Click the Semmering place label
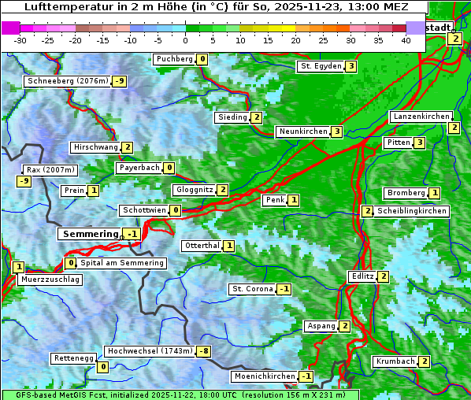point(90,234)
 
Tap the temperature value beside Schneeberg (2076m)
point(120,81)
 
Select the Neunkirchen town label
point(302,131)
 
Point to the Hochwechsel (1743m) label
point(150,351)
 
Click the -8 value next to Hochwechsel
point(204,351)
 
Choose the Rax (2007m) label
point(50,169)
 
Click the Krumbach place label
point(395,361)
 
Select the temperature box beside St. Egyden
point(350,66)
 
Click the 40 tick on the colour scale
point(406,40)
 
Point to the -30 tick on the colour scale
point(20,40)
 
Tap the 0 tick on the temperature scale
point(185,40)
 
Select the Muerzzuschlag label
point(50,280)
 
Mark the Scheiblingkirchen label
point(411,211)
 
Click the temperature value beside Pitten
point(420,143)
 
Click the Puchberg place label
point(174,59)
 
